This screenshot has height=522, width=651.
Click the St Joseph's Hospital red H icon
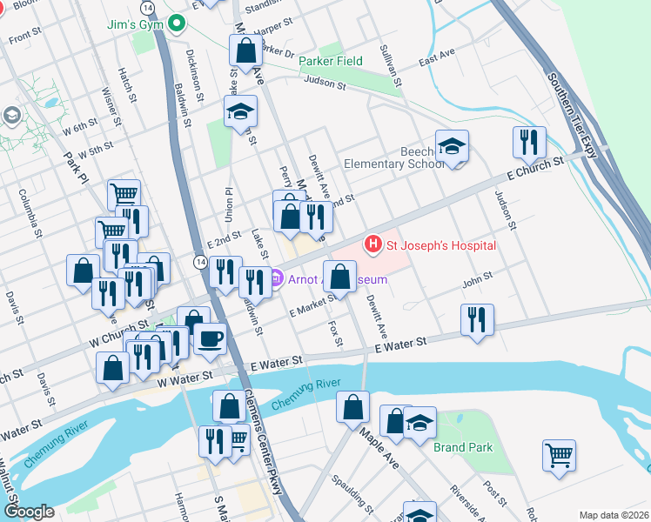point(374,245)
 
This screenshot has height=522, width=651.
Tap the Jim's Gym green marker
point(178,24)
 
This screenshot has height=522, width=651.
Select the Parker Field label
point(331,62)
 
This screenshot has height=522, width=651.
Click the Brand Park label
point(463,447)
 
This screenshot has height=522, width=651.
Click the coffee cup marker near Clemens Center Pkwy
point(211,338)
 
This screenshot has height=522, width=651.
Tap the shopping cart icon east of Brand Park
point(559,454)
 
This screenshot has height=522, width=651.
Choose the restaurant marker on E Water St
point(479,318)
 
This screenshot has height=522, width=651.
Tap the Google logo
point(30,512)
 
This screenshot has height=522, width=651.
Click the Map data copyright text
point(613,514)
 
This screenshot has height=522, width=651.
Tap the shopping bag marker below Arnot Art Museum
point(340,277)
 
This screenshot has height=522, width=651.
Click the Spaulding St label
point(359,497)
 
